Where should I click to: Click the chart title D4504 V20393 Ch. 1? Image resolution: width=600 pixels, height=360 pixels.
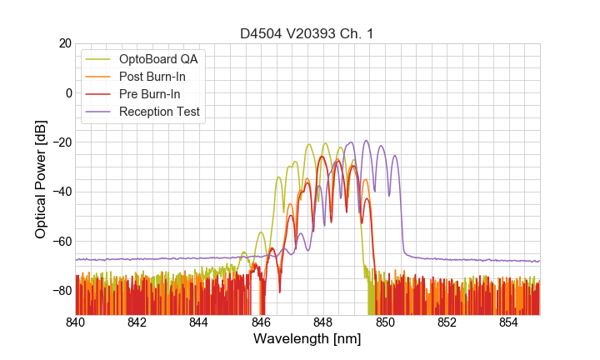pos(307,34)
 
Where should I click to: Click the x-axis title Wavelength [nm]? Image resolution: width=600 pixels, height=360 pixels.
pos(307,340)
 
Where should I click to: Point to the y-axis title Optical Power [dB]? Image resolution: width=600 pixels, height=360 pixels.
pos(41,179)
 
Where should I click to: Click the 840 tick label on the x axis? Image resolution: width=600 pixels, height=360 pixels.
pos(76,322)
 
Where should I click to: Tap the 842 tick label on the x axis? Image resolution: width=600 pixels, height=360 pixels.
pos(137,322)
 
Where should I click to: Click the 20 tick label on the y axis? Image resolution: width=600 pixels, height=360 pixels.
pos(63,43)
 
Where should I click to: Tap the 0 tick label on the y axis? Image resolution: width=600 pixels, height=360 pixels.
pos(67,92)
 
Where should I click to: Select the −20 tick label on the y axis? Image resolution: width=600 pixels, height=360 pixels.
pos(60,142)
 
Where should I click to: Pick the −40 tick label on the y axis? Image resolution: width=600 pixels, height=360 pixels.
pos(60,192)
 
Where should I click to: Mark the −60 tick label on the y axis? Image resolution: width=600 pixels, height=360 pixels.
pos(60,241)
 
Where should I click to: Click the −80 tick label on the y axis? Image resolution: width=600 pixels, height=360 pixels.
pos(60,291)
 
